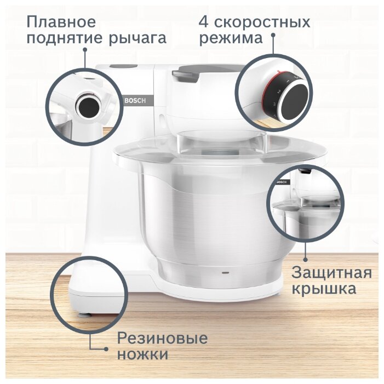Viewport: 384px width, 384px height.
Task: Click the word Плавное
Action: [61, 21]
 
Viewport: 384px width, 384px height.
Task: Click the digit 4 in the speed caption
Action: [204, 22]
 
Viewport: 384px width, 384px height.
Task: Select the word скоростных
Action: [262, 22]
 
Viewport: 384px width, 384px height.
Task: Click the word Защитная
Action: [331, 273]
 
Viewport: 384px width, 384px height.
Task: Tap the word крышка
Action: [324, 289]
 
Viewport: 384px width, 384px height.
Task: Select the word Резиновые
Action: [162, 338]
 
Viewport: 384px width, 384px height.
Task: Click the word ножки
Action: [143, 354]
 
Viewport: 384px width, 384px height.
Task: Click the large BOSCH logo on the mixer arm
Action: [135, 101]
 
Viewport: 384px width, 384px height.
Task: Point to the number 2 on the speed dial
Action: [279, 92]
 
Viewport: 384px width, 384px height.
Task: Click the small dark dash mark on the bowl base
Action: [225, 272]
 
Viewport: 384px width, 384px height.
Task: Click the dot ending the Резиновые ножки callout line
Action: [106, 349]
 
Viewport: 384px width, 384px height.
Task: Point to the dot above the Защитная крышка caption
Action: [305, 260]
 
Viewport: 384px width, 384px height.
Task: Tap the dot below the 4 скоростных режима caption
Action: [273, 35]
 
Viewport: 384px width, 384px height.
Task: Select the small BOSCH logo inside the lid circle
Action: [282, 182]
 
